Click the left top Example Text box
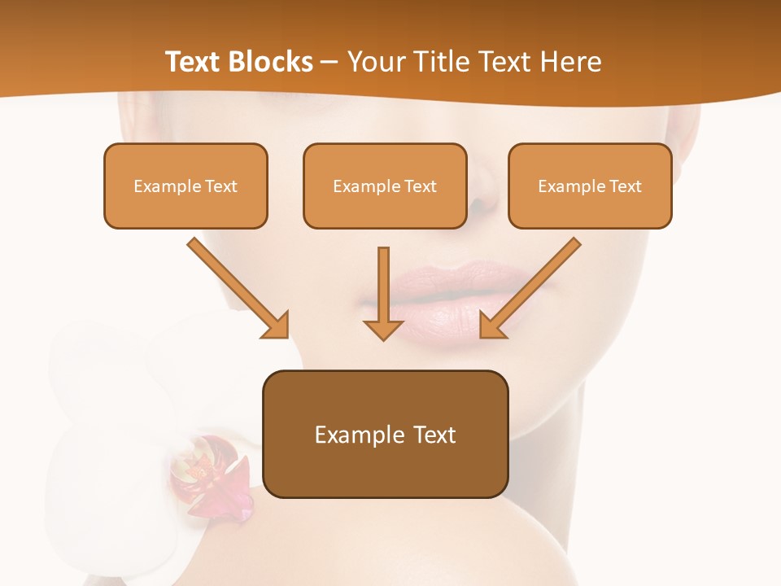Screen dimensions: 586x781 click(x=185, y=186)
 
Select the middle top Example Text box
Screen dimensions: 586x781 click(x=385, y=186)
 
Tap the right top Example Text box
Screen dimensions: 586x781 click(x=590, y=186)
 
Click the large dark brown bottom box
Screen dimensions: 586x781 click(x=385, y=434)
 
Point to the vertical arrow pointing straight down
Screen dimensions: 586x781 click(x=383, y=293)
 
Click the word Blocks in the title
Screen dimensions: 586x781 click(x=271, y=62)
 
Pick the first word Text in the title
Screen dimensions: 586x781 click(x=193, y=62)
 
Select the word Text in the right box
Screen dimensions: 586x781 click(x=626, y=186)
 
